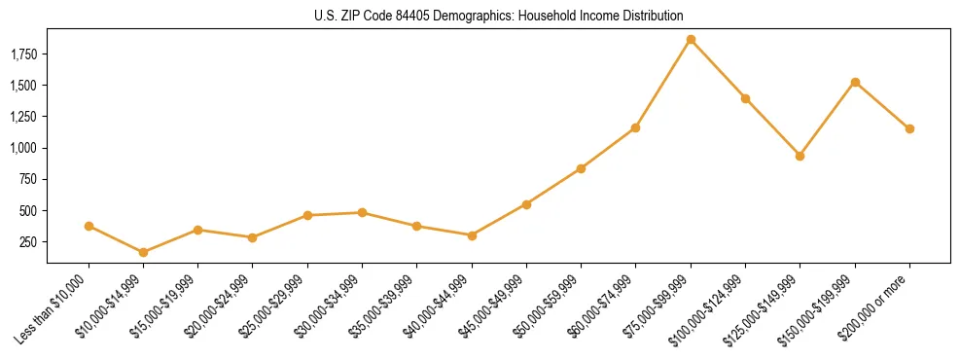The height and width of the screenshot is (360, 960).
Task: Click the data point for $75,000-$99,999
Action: pos(691,40)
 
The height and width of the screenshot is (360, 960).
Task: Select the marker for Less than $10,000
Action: pos(89,226)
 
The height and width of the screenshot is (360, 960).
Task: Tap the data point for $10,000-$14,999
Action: pos(144,252)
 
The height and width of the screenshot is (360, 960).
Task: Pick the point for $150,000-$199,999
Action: pos(855,82)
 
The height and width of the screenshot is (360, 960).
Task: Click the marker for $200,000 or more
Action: pos(909,128)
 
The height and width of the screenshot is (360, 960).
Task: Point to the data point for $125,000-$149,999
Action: pos(800,156)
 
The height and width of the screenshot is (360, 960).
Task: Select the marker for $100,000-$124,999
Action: pos(745,98)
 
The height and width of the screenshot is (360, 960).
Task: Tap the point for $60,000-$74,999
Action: pos(635,127)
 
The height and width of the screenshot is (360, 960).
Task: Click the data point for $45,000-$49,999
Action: pos(526,204)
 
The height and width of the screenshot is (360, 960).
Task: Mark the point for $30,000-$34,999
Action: pos(362,212)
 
